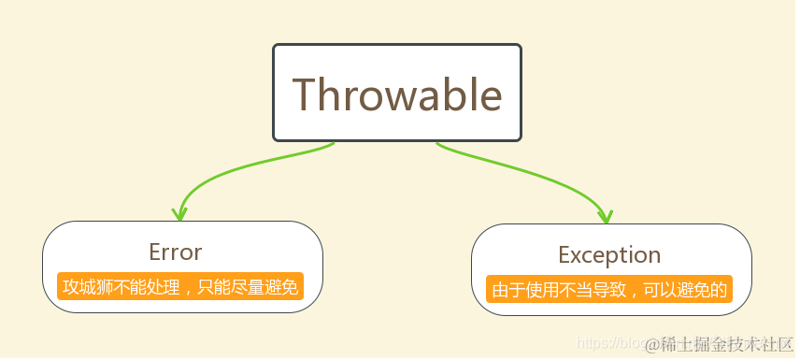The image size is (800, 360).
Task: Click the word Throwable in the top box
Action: [x=397, y=94]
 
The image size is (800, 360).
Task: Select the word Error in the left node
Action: [x=175, y=252]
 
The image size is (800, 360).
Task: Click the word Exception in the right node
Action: [x=609, y=254]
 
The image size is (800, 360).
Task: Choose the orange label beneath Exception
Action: [x=609, y=289]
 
